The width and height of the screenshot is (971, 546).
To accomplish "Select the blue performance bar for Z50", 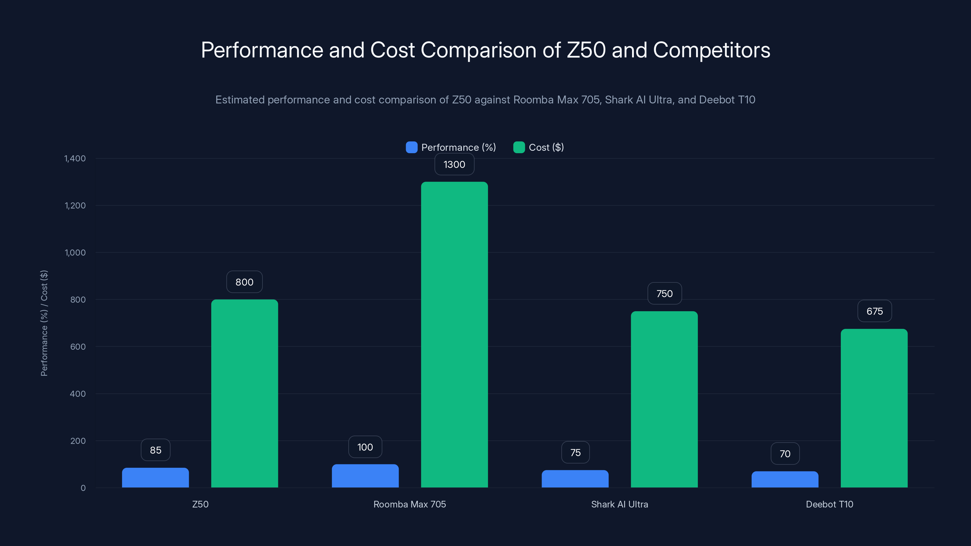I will point(155,477).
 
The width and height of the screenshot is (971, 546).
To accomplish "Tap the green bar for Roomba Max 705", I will point(454,334).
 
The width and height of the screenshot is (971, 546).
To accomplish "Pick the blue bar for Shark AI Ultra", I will point(575,479).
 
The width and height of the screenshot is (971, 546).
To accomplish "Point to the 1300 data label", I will point(454,164).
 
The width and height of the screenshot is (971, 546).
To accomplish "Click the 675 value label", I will point(875,311).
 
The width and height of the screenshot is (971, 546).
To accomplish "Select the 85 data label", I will point(155,450).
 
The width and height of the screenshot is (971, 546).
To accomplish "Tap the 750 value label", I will point(664,294).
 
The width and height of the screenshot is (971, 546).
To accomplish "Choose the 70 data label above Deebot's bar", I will point(785,454).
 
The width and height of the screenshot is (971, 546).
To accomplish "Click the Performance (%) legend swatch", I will point(411,147).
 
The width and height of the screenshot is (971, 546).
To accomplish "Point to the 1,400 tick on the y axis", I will point(75,158).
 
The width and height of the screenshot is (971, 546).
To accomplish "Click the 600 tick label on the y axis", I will point(78,347).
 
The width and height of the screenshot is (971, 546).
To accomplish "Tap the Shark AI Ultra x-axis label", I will point(619,504).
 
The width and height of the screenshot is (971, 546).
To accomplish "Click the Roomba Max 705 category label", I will point(409,504).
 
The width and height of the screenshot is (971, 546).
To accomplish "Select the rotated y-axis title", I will point(44,323).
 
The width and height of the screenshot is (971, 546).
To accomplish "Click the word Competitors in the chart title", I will point(711,50).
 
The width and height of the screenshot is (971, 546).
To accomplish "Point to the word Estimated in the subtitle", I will point(240,100).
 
